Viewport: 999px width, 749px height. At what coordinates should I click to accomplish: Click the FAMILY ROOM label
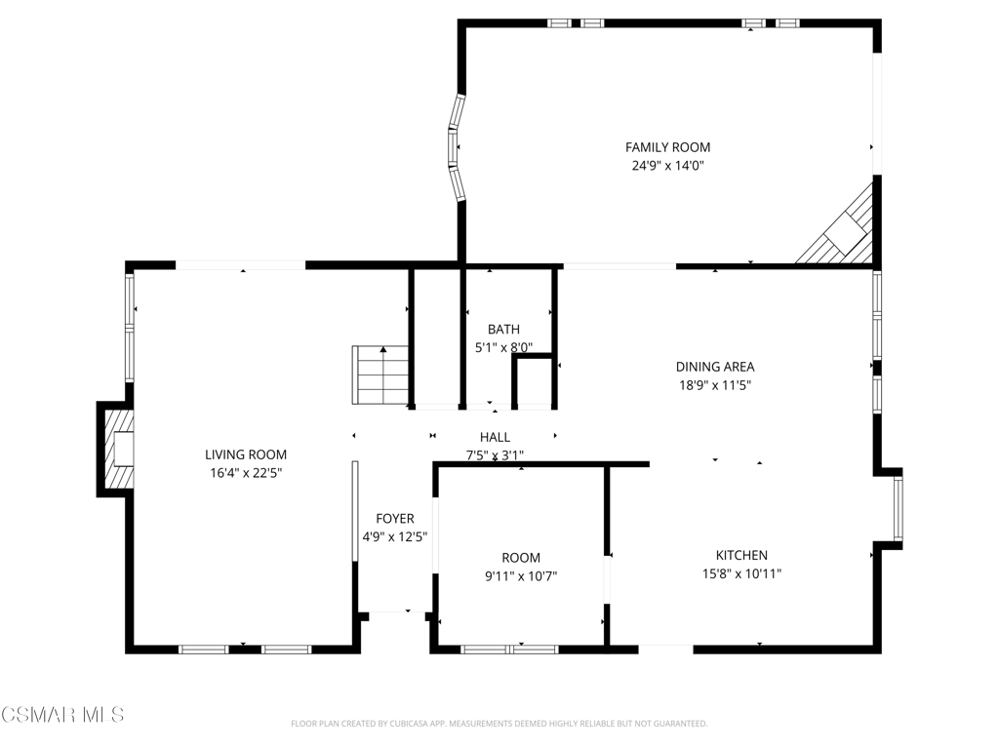pyautogui.click(x=667, y=147)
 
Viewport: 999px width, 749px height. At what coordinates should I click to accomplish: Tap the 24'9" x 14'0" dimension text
pyautogui.click(x=667, y=166)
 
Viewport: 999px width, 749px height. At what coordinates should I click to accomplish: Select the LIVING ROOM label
pyautogui.click(x=246, y=454)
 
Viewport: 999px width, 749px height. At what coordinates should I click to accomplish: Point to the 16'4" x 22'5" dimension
pyautogui.click(x=246, y=473)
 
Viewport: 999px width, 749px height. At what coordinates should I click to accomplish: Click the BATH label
pyautogui.click(x=504, y=330)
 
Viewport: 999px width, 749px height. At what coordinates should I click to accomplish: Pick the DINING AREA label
pyautogui.click(x=715, y=367)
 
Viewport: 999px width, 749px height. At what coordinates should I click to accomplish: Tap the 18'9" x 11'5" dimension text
pyautogui.click(x=715, y=385)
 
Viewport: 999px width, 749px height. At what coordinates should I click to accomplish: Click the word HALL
pyautogui.click(x=495, y=437)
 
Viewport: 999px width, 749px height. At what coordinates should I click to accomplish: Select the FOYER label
pyautogui.click(x=395, y=519)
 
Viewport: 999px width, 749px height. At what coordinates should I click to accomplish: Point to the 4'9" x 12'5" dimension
pyautogui.click(x=395, y=537)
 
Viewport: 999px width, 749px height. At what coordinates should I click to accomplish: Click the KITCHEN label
pyautogui.click(x=741, y=555)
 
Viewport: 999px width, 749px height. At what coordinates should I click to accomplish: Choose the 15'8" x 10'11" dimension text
pyautogui.click(x=741, y=573)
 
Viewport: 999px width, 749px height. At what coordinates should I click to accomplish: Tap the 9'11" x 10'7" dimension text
pyautogui.click(x=521, y=576)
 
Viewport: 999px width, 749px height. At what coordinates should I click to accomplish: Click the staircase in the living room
pyautogui.click(x=380, y=375)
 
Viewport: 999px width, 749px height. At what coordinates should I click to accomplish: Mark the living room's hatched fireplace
pyautogui.click(x=118, y=449)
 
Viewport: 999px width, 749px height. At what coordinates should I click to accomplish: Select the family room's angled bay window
pyautogui.click(x=457, y=148)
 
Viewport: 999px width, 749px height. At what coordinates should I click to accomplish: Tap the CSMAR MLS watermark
pyautogui.click(x=62, y=715)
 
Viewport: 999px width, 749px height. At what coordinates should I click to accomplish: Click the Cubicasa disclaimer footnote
pyautogui.click(x=499, y=724)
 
